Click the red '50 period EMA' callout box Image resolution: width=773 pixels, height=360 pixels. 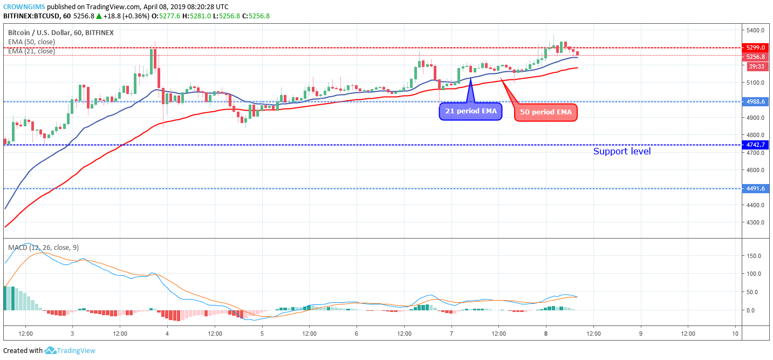546,112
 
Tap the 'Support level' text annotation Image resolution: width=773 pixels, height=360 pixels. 621,152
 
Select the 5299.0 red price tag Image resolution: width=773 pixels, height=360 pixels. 755,47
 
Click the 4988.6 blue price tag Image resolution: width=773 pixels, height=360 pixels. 755,101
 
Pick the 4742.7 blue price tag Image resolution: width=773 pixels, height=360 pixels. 755,145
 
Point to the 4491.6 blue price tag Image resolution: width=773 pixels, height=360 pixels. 755,188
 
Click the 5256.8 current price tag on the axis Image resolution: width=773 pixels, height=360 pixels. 755,57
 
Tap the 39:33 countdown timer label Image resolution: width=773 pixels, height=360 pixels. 755,66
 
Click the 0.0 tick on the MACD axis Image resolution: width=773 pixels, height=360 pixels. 750,310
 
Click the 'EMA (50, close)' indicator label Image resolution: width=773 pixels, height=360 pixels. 31,42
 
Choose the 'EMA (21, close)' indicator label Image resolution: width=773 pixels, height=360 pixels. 31,51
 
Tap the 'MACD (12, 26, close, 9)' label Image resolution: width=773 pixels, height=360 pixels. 43,248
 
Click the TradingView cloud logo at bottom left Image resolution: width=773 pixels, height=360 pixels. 51,351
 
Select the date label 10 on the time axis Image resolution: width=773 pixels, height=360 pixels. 735,334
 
